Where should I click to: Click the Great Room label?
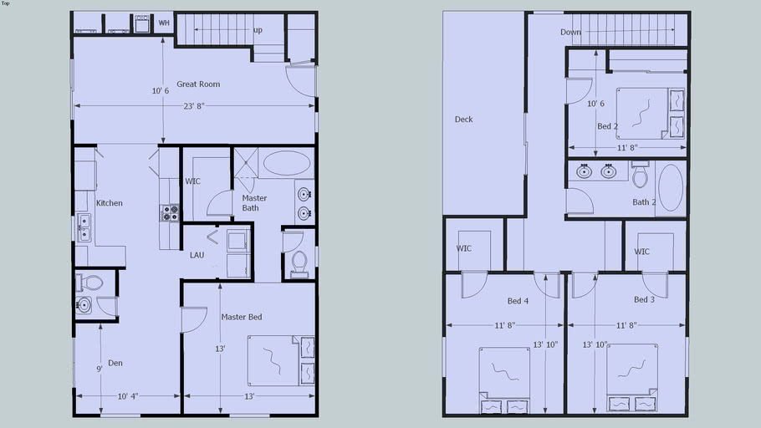coord(198,84)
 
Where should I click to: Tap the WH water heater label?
coord(164,23)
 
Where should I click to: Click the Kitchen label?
coord(110,203)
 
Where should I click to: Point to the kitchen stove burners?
coord(169,213)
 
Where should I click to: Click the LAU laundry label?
coord(197,255)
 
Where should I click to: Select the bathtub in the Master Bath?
coord(285,164)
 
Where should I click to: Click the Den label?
coord(115,363)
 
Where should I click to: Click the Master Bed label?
coord(242,317)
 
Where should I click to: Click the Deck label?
coord(464,120)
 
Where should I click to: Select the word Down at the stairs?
coord(570,33)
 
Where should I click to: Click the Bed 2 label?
coord(608,127)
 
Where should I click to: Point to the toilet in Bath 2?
coord(641,176)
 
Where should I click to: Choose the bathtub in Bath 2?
coord(671,188)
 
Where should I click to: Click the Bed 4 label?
coord(518,301)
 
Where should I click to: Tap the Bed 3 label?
coord(645,300)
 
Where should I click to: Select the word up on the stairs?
coord(258,30)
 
